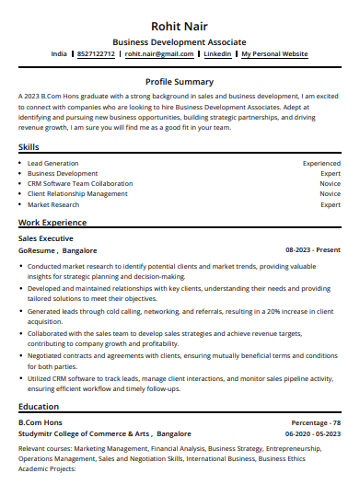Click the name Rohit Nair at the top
click(x=180, y=25)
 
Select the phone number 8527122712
click(x=96, y=54)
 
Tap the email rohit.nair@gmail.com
click(x=159, y=54)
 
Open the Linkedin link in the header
click(x=217, y=54)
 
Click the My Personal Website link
click(x=274, y=54)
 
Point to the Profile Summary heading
click(x=180, y=82)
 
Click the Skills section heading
click(x=29, y=147)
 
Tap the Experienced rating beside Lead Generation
click(x=321, y=163)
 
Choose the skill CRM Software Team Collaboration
click(x=80, y=183)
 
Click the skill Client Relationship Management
click(x=77, y=194)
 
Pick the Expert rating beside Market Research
click(x=331, y=204)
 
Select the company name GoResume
click(x=37, y=249)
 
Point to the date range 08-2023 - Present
click(x=313, y=249)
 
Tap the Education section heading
click(x=40, y=406)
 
